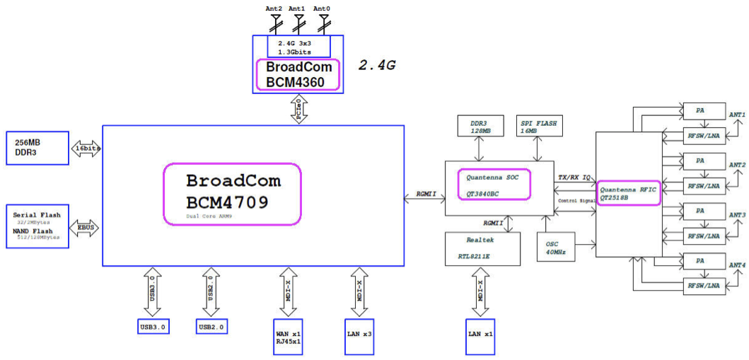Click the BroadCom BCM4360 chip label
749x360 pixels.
[298, 74]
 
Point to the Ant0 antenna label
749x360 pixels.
[322, 8]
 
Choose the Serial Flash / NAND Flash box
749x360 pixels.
[37, 226]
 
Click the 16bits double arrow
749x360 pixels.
[86, 149]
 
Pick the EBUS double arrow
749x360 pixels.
[86, 227]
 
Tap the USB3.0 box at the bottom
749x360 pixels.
[153, 327]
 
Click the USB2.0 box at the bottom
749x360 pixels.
[211, 327]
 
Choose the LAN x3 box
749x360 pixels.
[359, 332]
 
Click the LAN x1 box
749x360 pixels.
[480, 332]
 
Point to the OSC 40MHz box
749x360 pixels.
[557, 249]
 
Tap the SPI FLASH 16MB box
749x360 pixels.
[538, 127]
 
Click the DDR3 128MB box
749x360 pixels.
[479, 127]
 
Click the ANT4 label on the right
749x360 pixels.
[737, 265]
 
